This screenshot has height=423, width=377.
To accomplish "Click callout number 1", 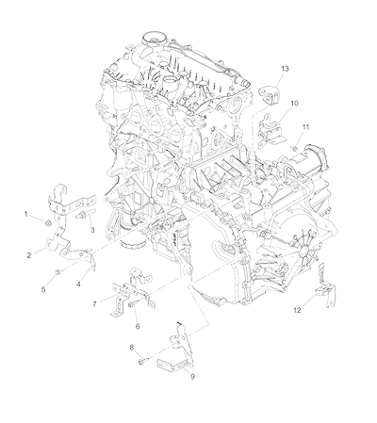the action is point(26,214).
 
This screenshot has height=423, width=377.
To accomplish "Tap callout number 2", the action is point(29,255).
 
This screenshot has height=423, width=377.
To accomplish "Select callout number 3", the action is point(92,230).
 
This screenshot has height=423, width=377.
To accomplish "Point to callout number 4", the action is point(78,285).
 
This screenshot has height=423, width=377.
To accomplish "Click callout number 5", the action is point(43,289).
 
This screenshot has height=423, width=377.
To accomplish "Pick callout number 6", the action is point(138,326).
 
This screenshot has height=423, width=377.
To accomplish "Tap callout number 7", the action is point(94,303).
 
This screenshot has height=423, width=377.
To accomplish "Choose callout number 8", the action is point(132,348).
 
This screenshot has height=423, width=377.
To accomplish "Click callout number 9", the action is point(192,376).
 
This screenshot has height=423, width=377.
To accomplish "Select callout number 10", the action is point(294,103).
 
